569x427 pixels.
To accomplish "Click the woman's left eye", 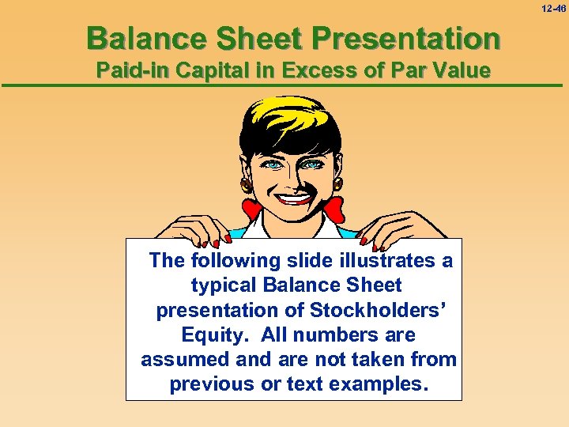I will click(273, 165).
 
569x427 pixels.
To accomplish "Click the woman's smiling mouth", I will click(293, 197).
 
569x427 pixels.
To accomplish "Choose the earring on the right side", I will click(338, 183).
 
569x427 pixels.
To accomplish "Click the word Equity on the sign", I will click(209, 334).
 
